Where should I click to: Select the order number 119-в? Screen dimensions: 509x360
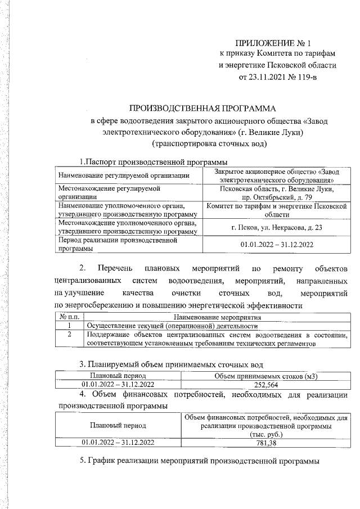[x=305, y=76]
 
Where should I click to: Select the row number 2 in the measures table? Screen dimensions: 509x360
[x=69, y=335]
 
